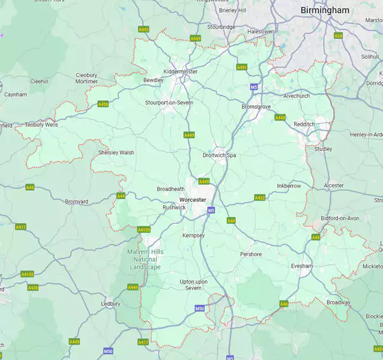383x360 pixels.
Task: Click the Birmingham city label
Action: [325, 10]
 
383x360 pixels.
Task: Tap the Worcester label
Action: [193, 200]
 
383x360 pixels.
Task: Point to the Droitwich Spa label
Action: [219, 155]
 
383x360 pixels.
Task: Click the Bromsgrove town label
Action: [256, 106]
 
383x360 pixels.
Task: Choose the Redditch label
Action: [304, 124]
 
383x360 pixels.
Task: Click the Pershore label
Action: [251, 254]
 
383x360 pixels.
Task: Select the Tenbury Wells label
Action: [41, 125]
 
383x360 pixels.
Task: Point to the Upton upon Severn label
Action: [193, 284]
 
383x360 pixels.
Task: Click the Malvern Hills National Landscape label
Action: [144, 259]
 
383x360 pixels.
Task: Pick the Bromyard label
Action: [76, 202]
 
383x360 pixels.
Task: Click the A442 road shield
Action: [143, 29]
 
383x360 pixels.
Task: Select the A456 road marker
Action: [103, 104]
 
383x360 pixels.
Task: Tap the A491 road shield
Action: [242, 67]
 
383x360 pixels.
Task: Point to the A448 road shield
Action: [280, 118]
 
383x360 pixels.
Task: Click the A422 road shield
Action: [259, 197]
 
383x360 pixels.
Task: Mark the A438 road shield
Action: [33, 287]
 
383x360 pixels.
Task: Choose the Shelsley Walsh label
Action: [116, 152]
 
